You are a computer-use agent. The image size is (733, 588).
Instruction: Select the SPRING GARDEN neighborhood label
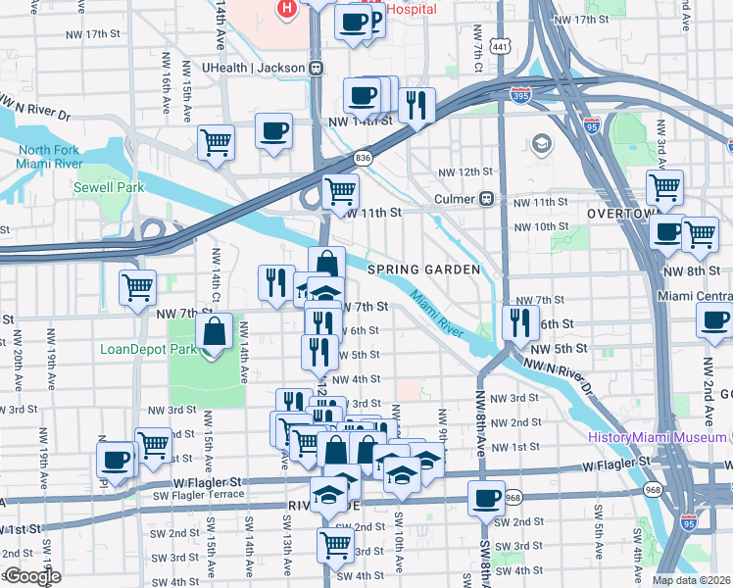(424, 269)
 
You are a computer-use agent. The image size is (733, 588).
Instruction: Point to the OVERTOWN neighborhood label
(620, 214)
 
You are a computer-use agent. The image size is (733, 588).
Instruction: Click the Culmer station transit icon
(486, 199)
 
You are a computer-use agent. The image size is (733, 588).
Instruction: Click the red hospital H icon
(286, 10)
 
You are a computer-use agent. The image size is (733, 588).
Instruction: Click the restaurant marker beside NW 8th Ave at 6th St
(518, 320)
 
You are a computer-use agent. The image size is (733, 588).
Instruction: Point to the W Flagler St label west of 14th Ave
(208, 482)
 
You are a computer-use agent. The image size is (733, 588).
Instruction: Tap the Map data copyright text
(691, 580)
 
